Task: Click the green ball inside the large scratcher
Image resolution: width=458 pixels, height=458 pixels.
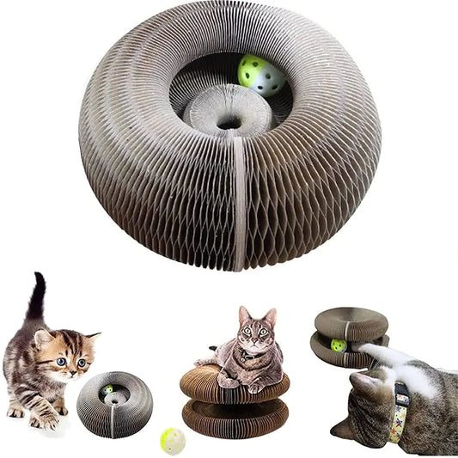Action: [x=263, y=75]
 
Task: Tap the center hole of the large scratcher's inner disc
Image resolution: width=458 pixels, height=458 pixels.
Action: [x=229, y=122]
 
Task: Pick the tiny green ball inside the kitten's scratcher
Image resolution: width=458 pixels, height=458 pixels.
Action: [x=108, y=390]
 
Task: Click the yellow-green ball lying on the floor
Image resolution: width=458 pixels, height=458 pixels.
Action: [x=172, y=440]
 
